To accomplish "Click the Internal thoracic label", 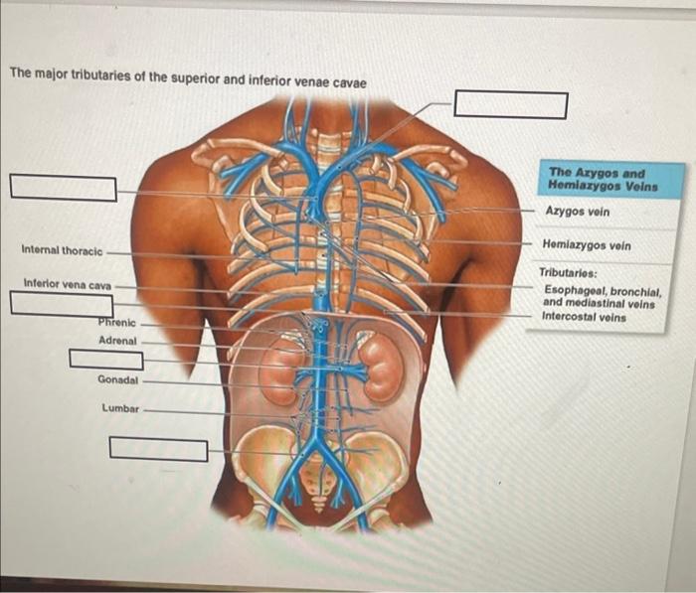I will point(62,250).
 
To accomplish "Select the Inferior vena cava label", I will point(68,285).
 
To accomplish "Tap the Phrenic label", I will point(116,322).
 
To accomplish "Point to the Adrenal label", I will point(117,341).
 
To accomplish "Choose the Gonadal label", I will point(118,379).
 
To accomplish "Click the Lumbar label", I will point(120,408).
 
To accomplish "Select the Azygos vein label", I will point(577,212).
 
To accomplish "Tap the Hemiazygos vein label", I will point(587,244).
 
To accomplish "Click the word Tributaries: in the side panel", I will point(568,271).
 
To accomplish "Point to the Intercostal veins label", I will point(584,317).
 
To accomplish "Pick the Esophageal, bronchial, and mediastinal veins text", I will point(599,297).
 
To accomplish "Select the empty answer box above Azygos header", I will point(511,104).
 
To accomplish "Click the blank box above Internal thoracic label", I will point(64,187).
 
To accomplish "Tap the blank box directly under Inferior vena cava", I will point(62,305).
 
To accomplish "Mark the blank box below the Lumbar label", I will point(158,449).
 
